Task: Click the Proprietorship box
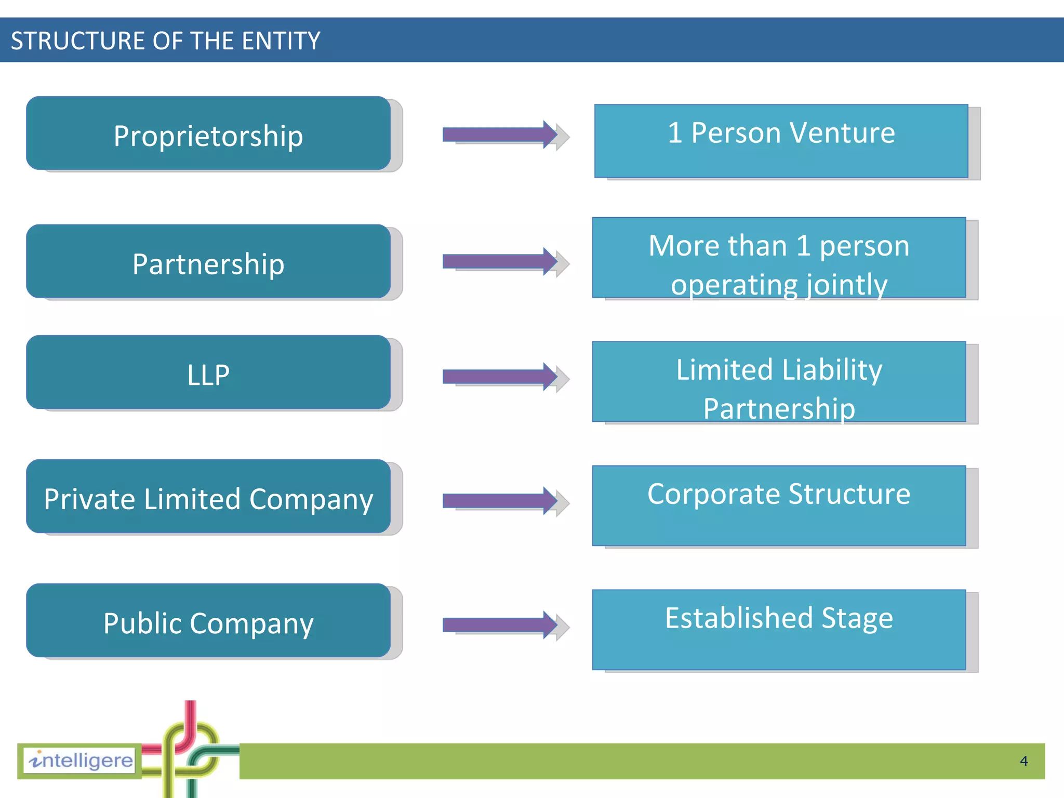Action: (x=208, y=134)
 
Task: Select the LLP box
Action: (x=208, y=373)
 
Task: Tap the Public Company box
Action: (x=208, y=621)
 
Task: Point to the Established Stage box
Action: (x=779, y=630)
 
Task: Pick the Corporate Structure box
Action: (x=779, y=506)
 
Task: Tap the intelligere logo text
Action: (x=81, y=761)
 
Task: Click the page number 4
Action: (x=1023, y=761)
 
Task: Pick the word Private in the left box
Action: (x=90, y=499)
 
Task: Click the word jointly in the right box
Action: (x=846, y=285)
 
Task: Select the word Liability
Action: (x=832, y=370)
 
